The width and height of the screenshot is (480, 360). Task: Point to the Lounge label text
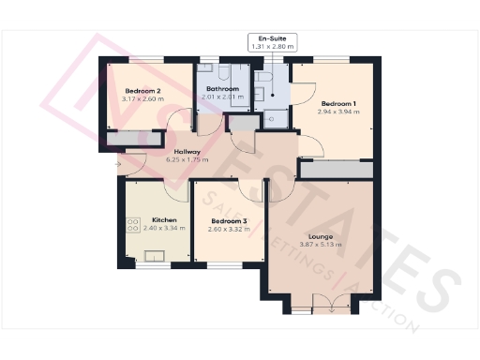coord(321,237)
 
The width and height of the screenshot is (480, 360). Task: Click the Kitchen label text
coord(151,220)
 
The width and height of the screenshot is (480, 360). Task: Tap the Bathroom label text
coord(223,89)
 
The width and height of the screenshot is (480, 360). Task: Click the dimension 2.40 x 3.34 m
coord(151,228)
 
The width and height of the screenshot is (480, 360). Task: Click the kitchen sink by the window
coord(151,256)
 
